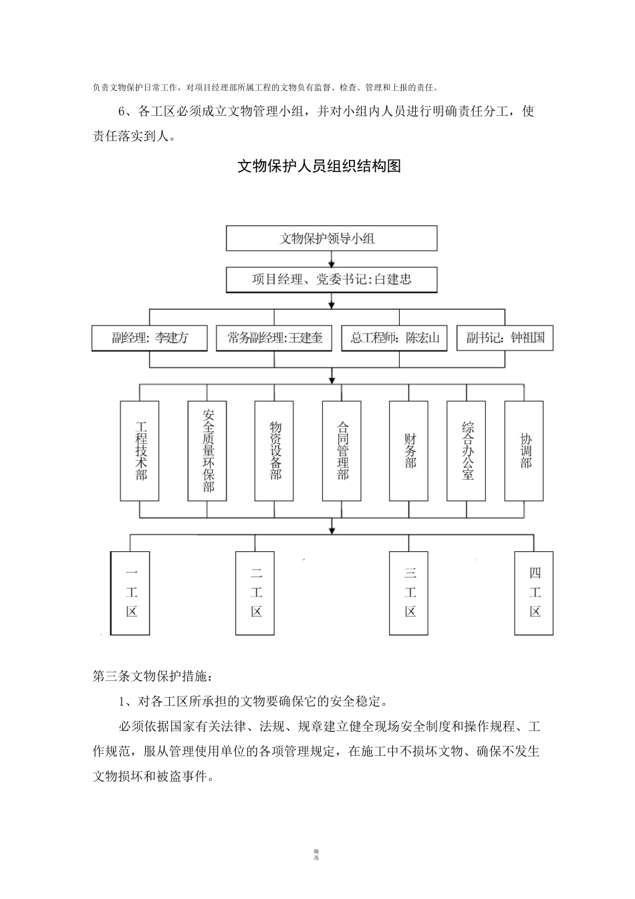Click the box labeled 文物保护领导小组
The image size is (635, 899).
[332, 239]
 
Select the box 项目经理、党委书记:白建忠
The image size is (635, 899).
[332, 280]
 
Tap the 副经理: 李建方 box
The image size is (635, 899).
[150, 338]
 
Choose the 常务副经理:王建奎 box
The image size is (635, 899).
[275, 338]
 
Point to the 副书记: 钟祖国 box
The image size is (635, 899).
[505, 338]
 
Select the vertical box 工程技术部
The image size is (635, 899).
[140, 451]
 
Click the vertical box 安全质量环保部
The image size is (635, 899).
[207, 451]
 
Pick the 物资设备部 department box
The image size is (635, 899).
[275, 451]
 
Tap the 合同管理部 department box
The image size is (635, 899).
[342, 451]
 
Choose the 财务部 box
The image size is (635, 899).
[409, 451]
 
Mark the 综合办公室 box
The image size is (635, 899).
[467, 451]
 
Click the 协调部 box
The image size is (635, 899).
[524, 451]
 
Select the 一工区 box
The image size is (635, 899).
[130, 593]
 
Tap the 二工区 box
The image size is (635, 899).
[255, 593]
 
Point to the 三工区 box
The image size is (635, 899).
[409, 593]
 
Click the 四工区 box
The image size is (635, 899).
[533, 593]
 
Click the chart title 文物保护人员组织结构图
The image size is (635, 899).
[319, 167]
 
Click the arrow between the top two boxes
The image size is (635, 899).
[332, 260]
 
